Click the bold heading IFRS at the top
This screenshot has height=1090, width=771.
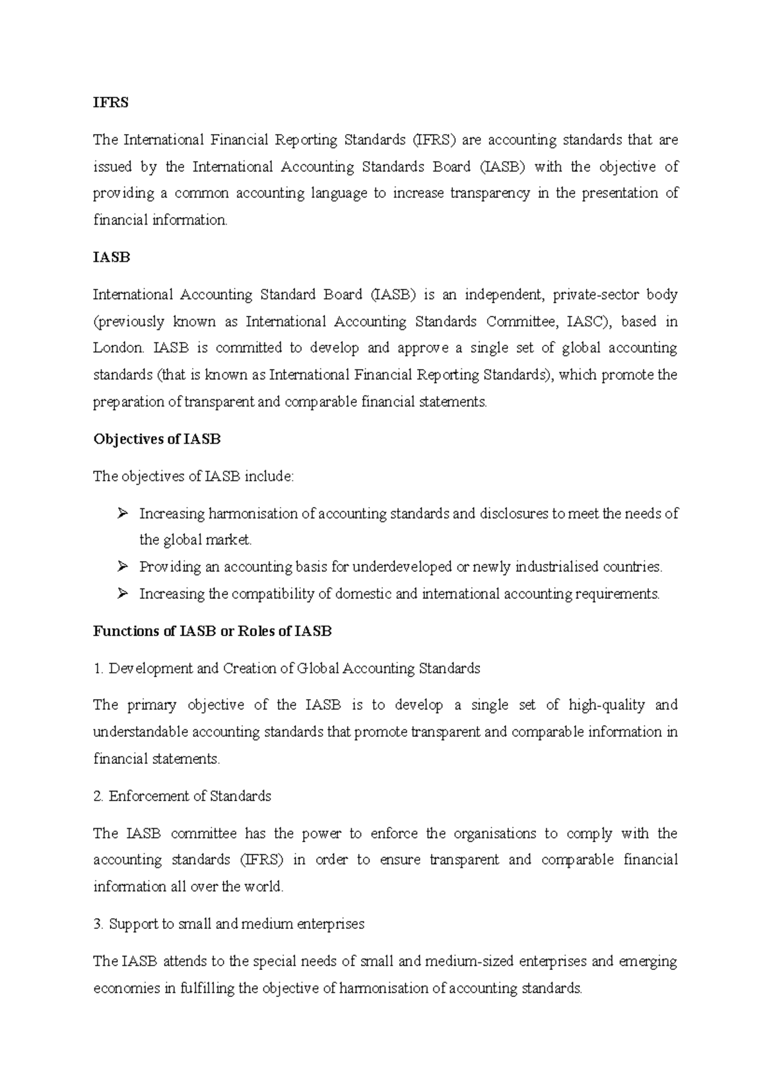click(111, 103)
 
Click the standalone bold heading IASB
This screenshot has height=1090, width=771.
click(111, 257)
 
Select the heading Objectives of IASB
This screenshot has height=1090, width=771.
click(157, 439)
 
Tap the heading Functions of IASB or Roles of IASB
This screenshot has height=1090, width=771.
click(212, 631)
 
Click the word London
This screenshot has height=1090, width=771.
click(119, 348)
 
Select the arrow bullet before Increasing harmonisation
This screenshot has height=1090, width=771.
click(123, 514)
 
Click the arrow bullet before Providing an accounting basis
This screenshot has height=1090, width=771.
click(123, 567)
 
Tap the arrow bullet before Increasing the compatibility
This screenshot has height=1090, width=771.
click(123, 594)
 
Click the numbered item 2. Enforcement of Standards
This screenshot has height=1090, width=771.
click(182, 796)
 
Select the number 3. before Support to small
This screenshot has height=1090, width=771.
click(98, 924)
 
